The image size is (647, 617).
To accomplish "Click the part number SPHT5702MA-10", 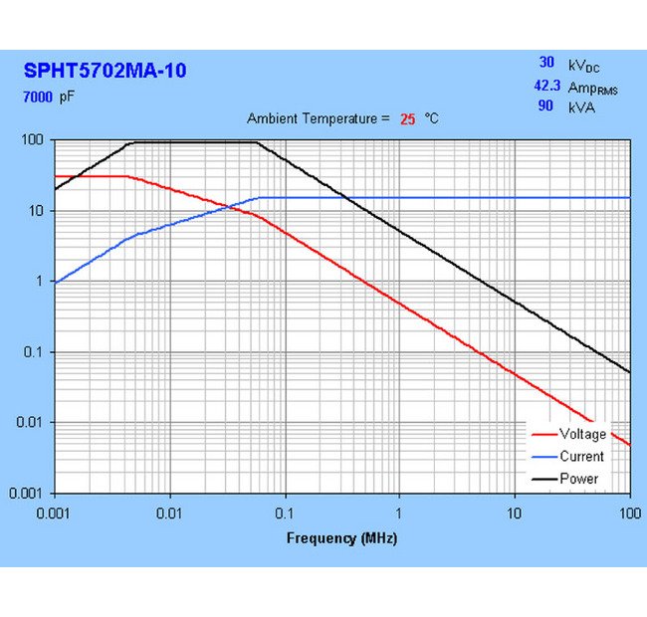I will [x=105, y=71].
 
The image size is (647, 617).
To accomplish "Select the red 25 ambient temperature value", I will [x=407, y=118].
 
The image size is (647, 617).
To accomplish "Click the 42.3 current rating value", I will [x=547, y=87].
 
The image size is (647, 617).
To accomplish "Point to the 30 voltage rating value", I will [x=545, y=64].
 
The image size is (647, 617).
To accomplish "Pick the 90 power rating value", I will [x=545, y=105].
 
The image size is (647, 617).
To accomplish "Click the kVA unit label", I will [x=581, y=106].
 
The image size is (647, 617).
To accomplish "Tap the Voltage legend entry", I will [x=582, y=434].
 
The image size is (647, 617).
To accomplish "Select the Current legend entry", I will [x=581, y=457].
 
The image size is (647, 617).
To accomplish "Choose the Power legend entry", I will [x=578, y=479].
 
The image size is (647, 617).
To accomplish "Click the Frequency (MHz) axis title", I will [x=341, y=538].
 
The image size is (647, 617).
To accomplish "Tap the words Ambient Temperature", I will [x=312, y=118].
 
